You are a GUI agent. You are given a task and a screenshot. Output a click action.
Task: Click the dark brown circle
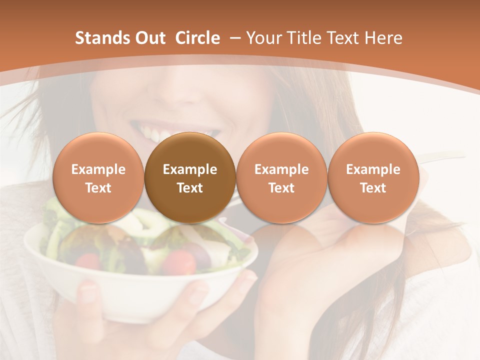(190, 178)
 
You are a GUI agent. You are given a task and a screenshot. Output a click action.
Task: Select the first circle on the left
(98, 178)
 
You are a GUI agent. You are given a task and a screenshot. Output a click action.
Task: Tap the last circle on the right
(373, 178)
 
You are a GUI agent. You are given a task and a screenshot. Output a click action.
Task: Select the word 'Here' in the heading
(383, 38)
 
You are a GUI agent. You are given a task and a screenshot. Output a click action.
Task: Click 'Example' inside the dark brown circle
(190, 169)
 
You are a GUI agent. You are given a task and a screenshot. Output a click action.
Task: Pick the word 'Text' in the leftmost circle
(98, 188)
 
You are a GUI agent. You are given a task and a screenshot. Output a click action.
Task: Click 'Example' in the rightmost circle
(373, 169)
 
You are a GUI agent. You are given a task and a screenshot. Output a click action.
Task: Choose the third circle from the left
(281, 178)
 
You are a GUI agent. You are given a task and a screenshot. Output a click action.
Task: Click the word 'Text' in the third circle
(281, 188)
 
